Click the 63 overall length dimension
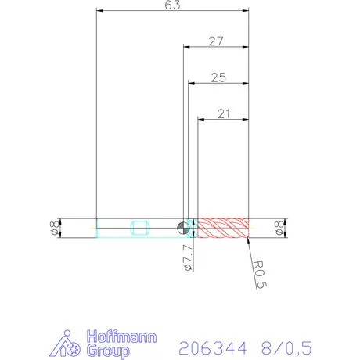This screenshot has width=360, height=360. [173, 5]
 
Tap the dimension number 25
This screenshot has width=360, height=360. [218, 77]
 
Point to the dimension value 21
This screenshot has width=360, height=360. [223, 114]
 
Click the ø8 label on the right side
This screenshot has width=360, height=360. [279, 228]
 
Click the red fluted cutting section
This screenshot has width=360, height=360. [222, 228]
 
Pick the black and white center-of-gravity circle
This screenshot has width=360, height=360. [183, 228]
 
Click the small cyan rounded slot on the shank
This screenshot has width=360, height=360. [142, 228]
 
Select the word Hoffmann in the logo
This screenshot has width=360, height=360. [121, 337]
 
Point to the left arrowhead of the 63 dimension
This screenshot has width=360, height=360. [98, 10]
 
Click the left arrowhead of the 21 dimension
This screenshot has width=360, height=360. [200, 120]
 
